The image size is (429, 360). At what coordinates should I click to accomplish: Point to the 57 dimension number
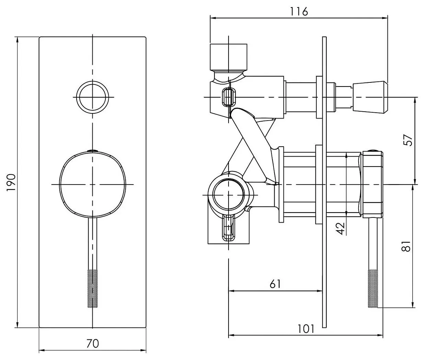click(408, 140)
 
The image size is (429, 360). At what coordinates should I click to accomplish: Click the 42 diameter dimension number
click(340, 227)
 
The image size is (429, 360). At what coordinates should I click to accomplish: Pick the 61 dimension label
click(275, 284)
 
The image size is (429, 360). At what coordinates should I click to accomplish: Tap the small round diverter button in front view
click(92, 97)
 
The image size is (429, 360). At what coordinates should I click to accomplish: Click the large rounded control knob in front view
click(92, 184)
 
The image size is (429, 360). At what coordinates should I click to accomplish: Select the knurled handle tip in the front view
click(92, 288)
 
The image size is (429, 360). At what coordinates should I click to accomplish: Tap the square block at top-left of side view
click(228, 56)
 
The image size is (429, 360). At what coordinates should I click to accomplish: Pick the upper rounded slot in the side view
click(229, 97)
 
